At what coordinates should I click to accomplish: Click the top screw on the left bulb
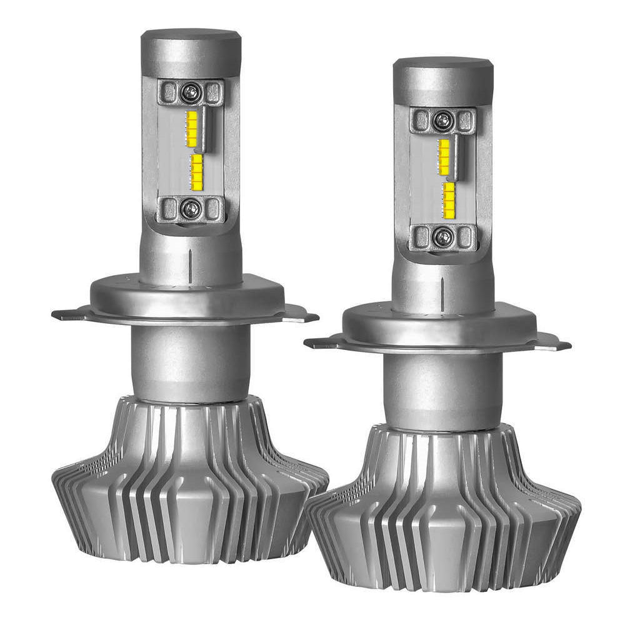pyautogui.click(x=190, y=92)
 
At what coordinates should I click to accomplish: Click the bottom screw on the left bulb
pyautogui.click(x=190, y=209)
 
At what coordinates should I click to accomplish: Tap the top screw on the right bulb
pyautogui.click(x=442, y=119)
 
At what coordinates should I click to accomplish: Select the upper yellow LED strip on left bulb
pyautogui.click(x=192, y=128)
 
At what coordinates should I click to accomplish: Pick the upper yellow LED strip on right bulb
pyautogui.click(x=444, y=156)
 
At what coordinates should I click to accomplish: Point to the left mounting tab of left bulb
pyautogui.click(x=69, y=314)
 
